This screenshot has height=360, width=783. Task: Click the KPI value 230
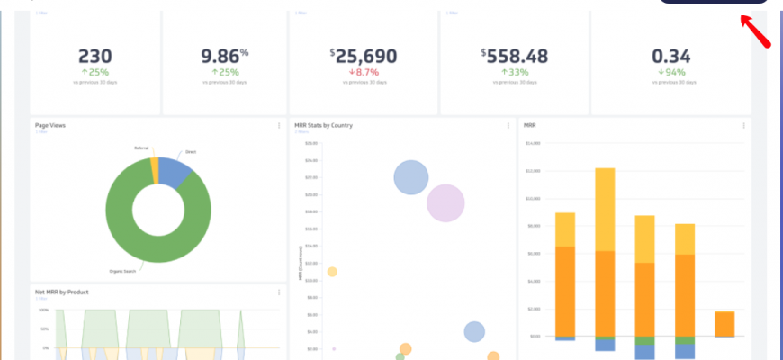pos(95,56)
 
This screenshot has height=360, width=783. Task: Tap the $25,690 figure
pos(364,56)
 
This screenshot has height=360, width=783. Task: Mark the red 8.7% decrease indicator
pos(364,71)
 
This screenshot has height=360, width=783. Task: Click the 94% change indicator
pos(671,71)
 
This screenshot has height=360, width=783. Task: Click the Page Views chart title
pos(50,125)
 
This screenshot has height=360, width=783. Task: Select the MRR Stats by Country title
pos(323,125)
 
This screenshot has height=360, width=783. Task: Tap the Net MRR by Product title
pos(62,292)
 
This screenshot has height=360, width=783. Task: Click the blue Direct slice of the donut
pos(176,170)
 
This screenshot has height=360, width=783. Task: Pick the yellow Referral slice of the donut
pos(155,169)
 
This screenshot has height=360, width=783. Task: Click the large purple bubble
pos(445,203)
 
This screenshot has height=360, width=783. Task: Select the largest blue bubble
pos(410,177)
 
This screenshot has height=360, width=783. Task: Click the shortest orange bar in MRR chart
pos(724,324)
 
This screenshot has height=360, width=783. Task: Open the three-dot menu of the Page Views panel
pos(279,126)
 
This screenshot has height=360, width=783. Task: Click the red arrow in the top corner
pos(758,32)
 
